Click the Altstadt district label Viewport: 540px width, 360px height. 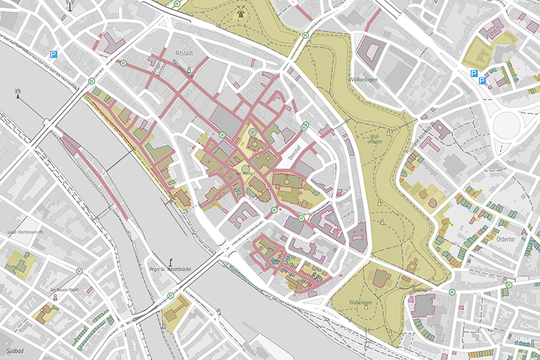pyautogui.click(x=182, y=53)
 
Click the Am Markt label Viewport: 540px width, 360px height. pyautogui.click(x=245, y=173)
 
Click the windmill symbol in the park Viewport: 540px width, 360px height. pyautogui.click(x=241, y=12)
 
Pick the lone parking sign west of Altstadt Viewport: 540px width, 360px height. pyautogui.click(x=54, y=55)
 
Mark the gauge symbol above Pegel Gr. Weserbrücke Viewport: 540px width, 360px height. pyautogui.click(x=172, y=260)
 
